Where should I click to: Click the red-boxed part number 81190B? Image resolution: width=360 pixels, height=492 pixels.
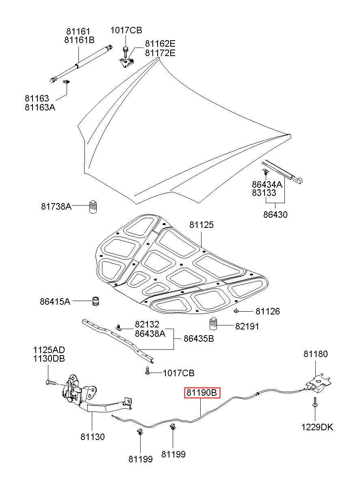[202, 392]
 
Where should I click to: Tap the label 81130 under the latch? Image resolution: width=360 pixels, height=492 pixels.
[93, 437]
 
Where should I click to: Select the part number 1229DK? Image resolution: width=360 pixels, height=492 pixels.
[317, 427]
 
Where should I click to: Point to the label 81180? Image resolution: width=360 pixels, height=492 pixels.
[315, 354]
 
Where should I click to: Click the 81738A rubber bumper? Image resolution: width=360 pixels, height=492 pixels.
[93, 207]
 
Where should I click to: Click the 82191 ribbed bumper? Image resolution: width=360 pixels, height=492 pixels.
[213, 326]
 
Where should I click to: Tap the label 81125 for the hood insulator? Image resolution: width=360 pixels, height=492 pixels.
[201, 225]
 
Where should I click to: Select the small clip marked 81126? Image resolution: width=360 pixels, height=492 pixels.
[236, 310]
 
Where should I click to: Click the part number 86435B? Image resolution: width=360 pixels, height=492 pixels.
[199, 338]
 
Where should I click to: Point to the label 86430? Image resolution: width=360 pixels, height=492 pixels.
[275, 215]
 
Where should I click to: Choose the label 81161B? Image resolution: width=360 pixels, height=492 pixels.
[79, 40]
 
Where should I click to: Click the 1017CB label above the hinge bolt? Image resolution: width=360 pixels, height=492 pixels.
[126, 30]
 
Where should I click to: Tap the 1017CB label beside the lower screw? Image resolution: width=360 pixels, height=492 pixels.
[178, 373]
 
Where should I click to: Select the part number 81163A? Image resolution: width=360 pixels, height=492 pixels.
[40, 107]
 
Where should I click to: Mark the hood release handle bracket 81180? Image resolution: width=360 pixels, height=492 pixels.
[318, 383]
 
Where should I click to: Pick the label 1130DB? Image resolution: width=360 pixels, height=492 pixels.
[49, 359]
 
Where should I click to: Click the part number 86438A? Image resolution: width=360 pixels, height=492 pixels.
[150, 334]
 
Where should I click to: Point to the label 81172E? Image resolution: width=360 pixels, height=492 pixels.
[160, 53]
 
